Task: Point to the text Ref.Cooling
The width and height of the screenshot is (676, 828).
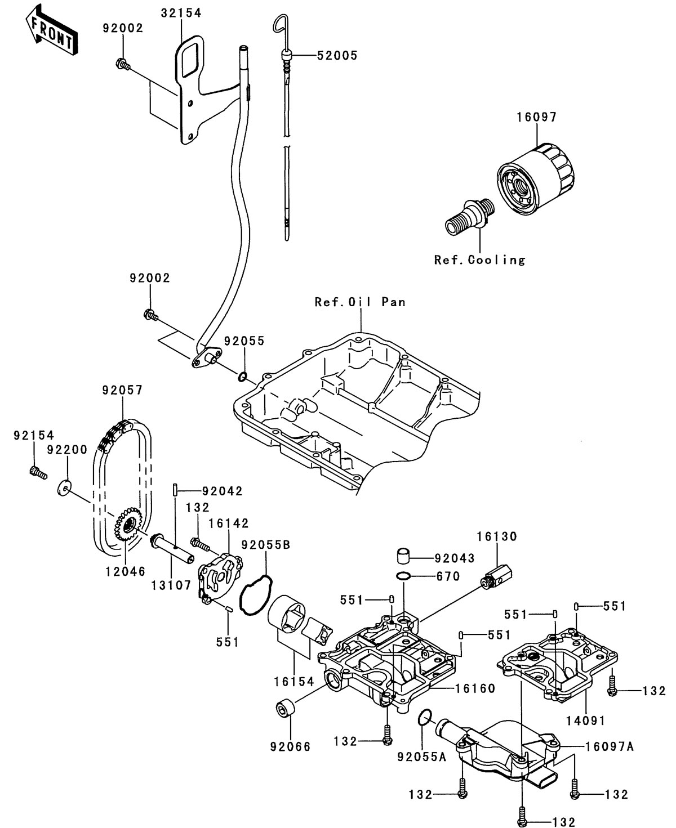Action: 479,259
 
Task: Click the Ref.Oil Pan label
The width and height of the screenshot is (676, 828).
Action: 360,302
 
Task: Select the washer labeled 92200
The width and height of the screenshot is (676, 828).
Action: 64,486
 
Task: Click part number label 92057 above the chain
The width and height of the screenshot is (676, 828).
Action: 122,390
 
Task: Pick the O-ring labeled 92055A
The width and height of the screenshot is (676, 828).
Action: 426,717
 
